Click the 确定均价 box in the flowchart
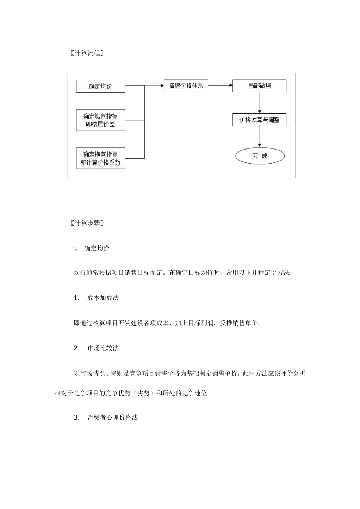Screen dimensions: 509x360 tap(100, 86)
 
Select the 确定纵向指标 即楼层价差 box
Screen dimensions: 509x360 tap(100, 120)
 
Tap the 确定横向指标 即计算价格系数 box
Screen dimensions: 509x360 tap(100, 158)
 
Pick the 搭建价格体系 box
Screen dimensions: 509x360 tap(186, 86)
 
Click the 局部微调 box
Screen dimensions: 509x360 tap(260, 86)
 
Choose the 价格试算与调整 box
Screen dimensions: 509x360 tap(260, 120)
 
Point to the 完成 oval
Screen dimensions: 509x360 tap(260, 156)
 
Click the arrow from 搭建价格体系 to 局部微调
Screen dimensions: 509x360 tap(220, 86)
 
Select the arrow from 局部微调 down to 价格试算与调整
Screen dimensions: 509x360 tap(260, 103)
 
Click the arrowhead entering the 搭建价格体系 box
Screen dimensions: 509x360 tap(161, 86)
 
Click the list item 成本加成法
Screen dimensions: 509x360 tap(103, 298)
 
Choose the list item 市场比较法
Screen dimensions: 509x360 tap(103, 348)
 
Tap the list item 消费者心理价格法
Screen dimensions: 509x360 tap(112, 418)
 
